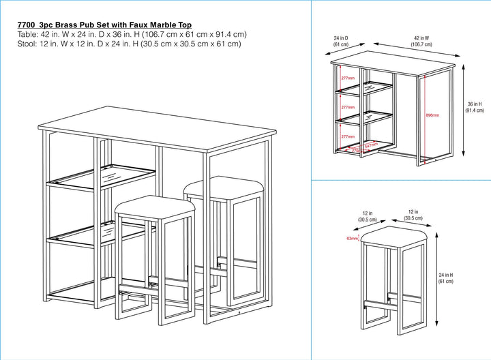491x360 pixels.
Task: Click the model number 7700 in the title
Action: point(27,25)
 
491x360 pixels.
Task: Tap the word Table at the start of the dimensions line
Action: point(28,34)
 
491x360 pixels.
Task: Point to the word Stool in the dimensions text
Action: point(28,44)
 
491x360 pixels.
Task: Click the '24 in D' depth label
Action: point(341,39)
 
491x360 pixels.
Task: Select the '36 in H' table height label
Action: point(475,104)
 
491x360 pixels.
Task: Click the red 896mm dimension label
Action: point(432,115)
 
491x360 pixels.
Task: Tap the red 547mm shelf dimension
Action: point(372,145)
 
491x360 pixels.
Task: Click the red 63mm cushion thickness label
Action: point(352,239)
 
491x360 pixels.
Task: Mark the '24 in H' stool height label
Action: point(446,275)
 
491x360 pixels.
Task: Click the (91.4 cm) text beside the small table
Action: point(475,110)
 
